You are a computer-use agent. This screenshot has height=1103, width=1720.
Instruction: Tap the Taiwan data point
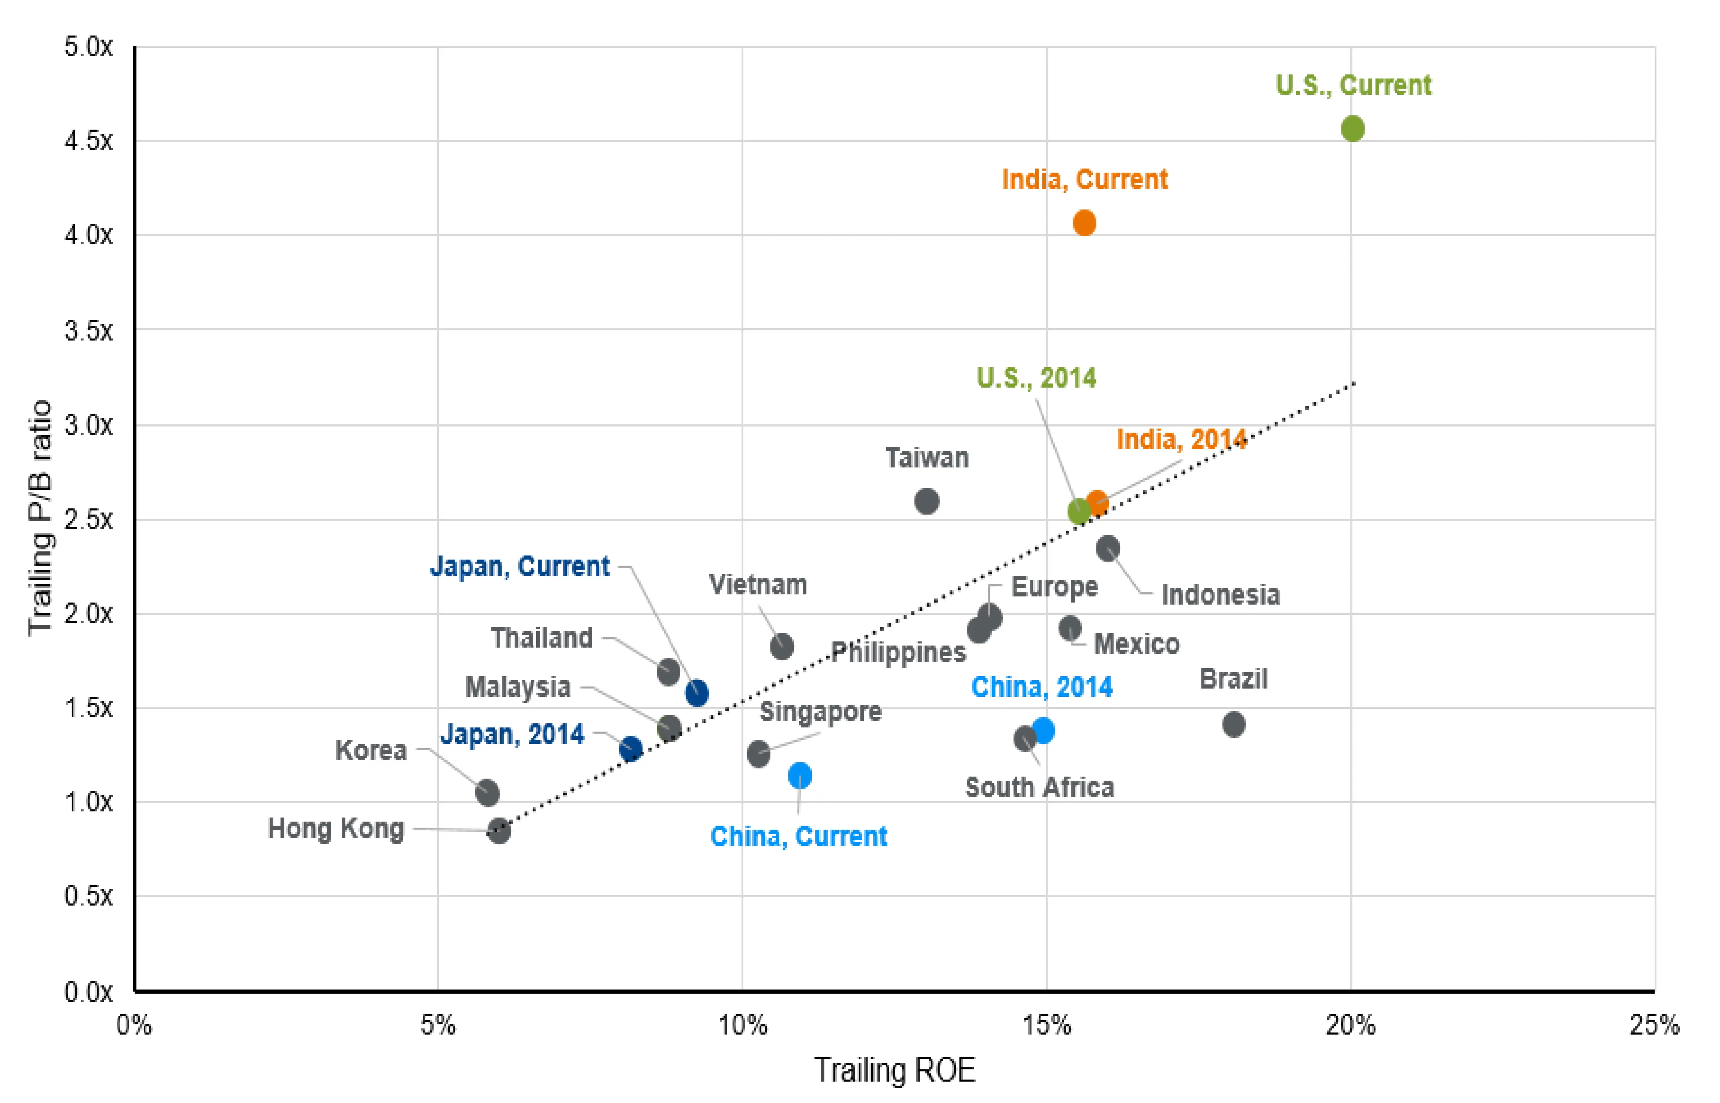[x=926, y=501]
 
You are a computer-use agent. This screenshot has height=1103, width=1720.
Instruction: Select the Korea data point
[x=487, y=793]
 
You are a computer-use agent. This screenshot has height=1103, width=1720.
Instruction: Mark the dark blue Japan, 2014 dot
[x=631, y=749]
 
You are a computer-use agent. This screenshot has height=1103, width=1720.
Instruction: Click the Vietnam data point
[x=782, y=646]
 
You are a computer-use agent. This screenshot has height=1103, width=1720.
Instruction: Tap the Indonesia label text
[x=1220, y=595]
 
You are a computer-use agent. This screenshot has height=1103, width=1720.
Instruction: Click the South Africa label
[x=1039, y=787]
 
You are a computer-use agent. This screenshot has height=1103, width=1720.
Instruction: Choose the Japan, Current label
[x=519, y=566]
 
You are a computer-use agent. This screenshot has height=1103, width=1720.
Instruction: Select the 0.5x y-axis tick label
[x=89, y=896]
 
